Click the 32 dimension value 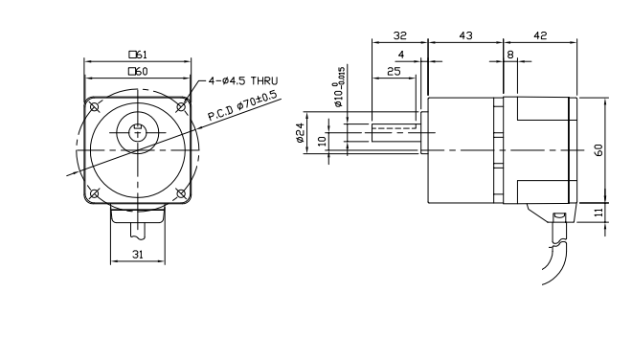[400, 35]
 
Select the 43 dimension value [465, 35]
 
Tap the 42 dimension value [540, 35]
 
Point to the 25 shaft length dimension [394, 72]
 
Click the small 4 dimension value [400, 55]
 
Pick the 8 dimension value [510, 55]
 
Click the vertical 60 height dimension [598, 150]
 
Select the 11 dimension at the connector [598, 212]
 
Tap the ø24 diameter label [300, 133]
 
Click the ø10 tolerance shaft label [339, 87]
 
